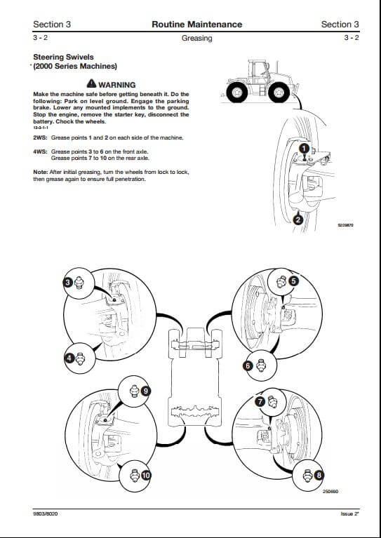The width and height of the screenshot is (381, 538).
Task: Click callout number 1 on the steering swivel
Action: click(304, 149)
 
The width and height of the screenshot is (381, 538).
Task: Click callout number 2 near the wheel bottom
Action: click(298, 220)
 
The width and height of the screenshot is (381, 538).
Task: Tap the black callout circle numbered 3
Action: click(67, 283)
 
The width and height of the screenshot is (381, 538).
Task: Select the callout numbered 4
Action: click(69, 358)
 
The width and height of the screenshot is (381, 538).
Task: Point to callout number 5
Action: click(293, 281)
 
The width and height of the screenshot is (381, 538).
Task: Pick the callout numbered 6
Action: click(248, 366)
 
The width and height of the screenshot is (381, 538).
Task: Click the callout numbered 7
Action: click(260, 401)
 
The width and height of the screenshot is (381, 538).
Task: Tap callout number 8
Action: click(319, 475)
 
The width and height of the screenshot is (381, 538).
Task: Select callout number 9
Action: click(145, 391)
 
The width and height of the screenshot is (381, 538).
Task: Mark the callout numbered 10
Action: click(146, 475)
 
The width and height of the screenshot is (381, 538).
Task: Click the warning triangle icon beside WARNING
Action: click(91, 83)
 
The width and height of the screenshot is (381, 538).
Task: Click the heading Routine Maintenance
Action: click(196, 25)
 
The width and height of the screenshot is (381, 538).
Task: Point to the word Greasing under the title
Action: click(196, 38)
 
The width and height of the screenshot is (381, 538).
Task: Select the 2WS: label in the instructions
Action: click(40, 137)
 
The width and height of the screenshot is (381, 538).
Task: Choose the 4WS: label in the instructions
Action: click(40, 152)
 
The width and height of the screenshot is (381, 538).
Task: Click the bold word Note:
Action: click(41, 172)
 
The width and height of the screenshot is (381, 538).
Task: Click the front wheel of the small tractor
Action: click(279, 93)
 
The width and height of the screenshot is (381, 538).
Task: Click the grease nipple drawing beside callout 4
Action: click(80, 359)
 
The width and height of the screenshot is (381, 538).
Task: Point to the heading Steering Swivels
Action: click(63, 57)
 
